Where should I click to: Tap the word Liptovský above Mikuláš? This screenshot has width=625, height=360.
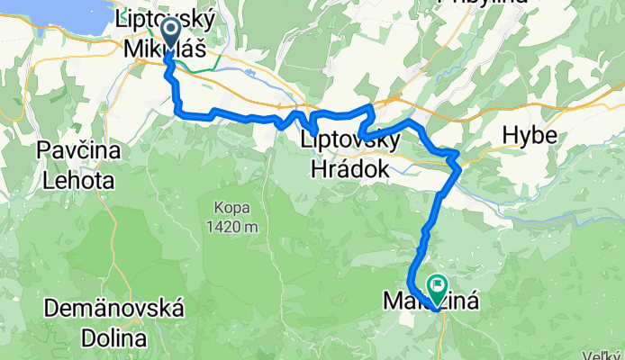[158, 19]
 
